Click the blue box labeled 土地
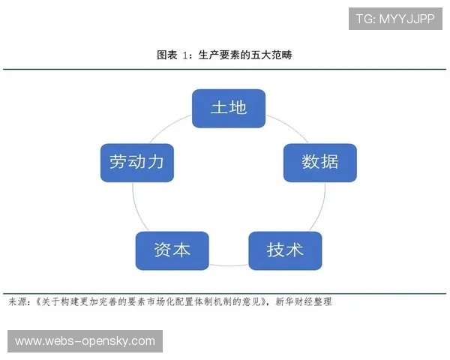(229, 108)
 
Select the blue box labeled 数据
(319, 162)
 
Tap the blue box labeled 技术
(285, 250)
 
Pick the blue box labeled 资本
(172, 250)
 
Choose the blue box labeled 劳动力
(136, 162)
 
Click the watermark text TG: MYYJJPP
(394, 19)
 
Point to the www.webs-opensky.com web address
(85, 341)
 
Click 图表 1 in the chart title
(174, 55)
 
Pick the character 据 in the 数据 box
(329, 162)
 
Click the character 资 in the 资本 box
(162, 250)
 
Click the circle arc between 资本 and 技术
(229, 265)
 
